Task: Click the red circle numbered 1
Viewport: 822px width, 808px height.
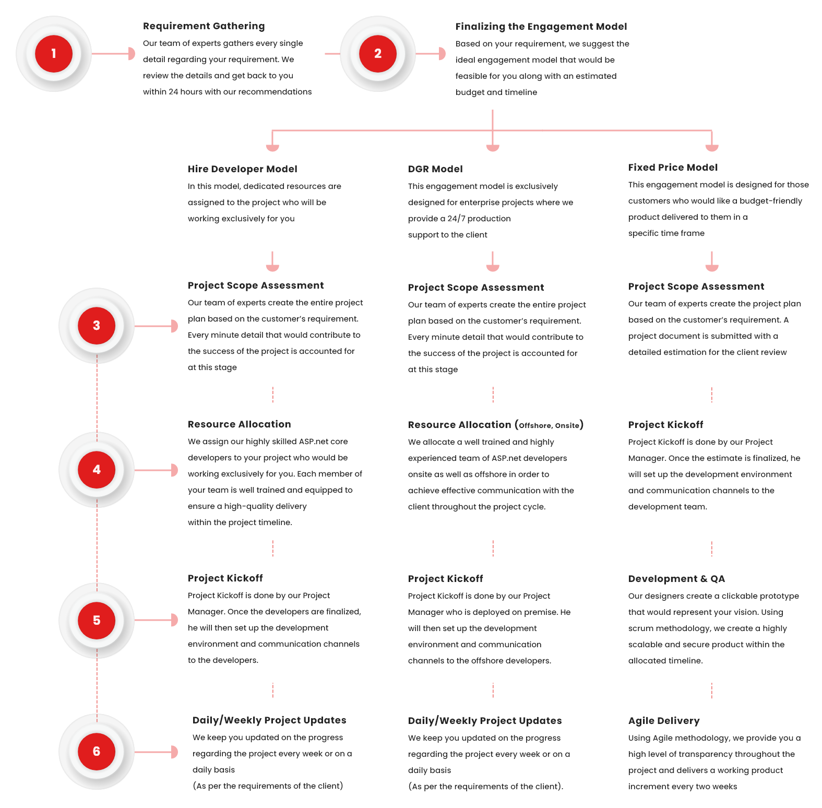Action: coord(54,54)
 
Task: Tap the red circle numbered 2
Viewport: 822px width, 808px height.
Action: coord(378,54)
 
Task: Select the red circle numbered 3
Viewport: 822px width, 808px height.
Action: coord(97,326)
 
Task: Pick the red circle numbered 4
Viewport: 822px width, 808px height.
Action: coord(97,470)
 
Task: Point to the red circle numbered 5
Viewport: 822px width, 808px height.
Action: coord(97,621)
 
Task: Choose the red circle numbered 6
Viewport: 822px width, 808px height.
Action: coord(97,752)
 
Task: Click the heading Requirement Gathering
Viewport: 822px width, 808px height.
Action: coord(204,26)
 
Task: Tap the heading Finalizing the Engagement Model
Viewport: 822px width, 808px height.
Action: coord(541,27)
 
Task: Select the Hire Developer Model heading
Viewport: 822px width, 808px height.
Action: coord(242,169)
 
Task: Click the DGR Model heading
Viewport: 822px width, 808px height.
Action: coord(435,169)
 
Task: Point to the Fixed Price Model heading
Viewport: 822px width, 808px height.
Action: coord(673,168)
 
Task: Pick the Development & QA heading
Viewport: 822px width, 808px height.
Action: coord(676,579)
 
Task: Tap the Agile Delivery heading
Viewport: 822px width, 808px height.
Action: coord(664,721)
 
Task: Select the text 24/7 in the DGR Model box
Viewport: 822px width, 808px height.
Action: coord(456,219)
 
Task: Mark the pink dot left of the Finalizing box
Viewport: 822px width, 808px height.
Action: coord(441,54)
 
